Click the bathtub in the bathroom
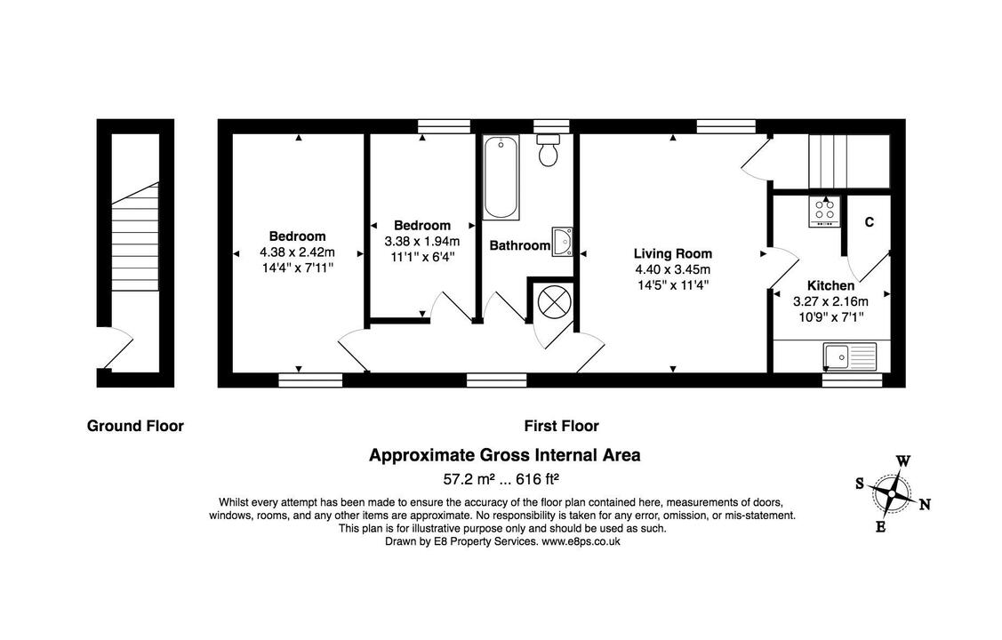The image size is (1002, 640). point(501,178)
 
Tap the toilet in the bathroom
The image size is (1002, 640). point(549,152)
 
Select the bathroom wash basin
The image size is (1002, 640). point(563,240)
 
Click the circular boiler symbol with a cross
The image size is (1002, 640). point(553,301)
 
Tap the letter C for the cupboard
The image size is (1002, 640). point(869,222)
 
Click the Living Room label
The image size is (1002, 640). point(672,253)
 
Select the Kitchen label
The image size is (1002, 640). point(830,285)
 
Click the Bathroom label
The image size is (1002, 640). point(519,245)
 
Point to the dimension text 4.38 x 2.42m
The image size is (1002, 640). point(297,252)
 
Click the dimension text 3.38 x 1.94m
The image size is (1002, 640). point(421,241)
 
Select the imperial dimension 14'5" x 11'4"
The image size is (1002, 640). point(672,285)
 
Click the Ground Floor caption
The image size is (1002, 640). point(135,426)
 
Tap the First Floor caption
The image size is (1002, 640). point(561,426)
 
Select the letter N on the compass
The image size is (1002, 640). point(925,505)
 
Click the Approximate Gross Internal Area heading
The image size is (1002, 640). point(504,455)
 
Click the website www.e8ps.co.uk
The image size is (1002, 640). point(581,540)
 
